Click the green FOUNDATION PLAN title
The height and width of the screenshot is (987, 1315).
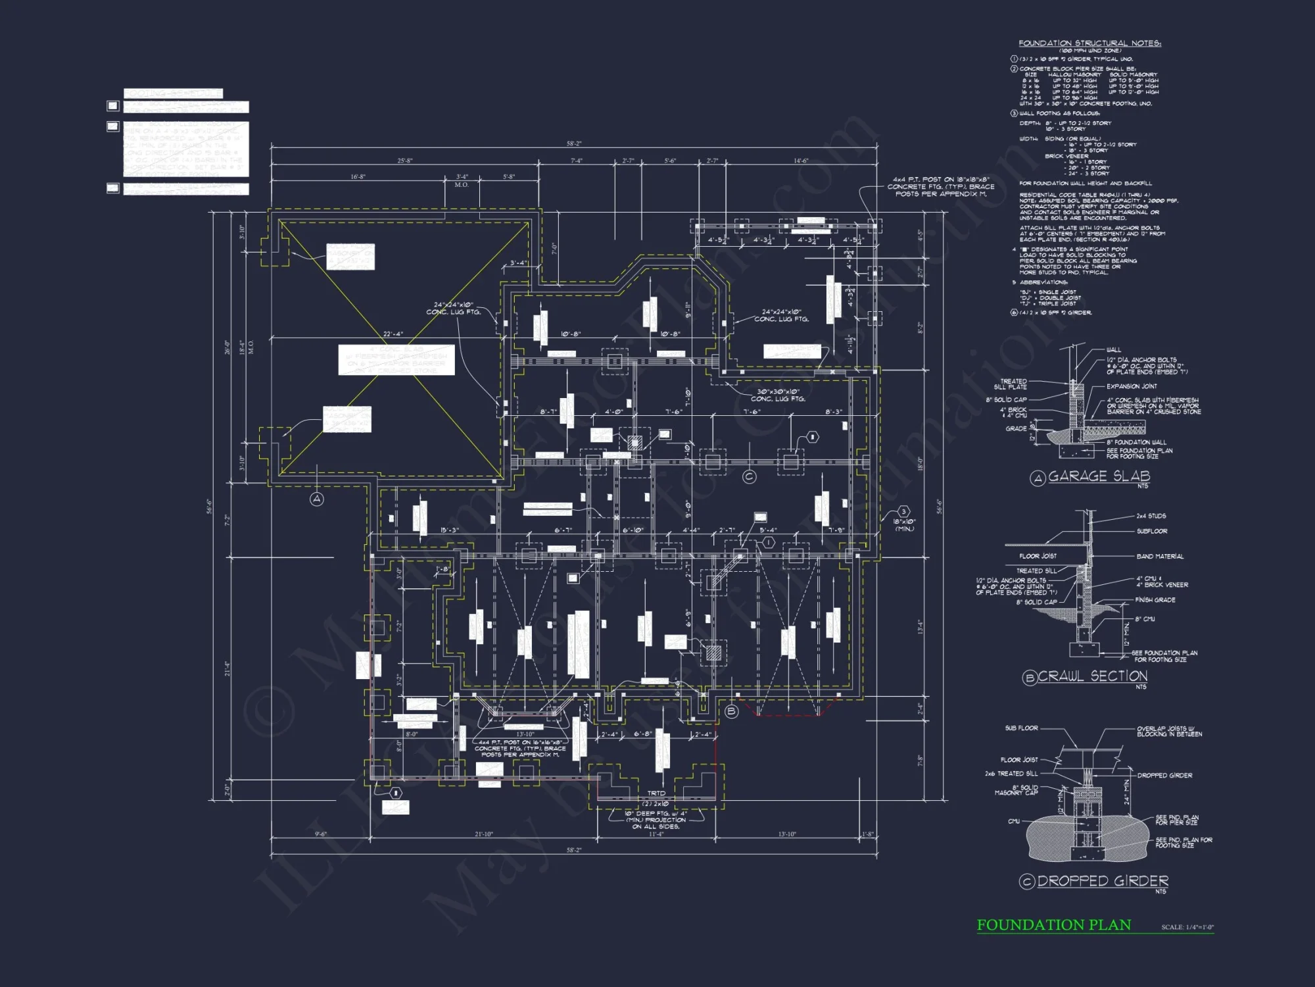click(x=1053, y=925)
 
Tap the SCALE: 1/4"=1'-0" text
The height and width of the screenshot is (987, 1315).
click(x=1187, y=927)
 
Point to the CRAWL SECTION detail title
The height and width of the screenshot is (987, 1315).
click(x=1092, y=676)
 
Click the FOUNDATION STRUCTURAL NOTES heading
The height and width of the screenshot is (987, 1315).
click(x=1089, y=43)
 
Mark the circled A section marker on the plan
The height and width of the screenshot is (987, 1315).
click(x=317, y=499)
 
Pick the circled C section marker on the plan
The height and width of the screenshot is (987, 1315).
click(x=749, y=476)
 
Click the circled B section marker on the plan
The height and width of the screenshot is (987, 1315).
click(x=731, y=711)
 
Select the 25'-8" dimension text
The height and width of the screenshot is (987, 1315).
click(x=405, y=161)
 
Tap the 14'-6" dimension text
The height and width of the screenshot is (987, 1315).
click(x=800, y=161)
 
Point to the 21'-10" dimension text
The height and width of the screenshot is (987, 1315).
click(x=483, y=834)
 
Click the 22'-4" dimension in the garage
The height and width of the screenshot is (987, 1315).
click(x=393, y=334)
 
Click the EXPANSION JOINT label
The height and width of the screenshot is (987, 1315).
click(x=1132, y=386)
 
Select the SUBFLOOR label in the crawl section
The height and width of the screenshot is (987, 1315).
click(x=1152, y=531)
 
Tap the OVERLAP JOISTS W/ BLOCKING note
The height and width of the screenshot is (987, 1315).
click(x=1169, y=731)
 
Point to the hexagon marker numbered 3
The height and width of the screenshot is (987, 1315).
click(x=903, y=512)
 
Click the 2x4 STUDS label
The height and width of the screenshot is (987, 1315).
click(x=1151, y=516)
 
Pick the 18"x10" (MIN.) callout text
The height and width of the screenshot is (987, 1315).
click(x=904, y=525)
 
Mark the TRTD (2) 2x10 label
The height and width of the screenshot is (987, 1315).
click(x=656, y=798)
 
